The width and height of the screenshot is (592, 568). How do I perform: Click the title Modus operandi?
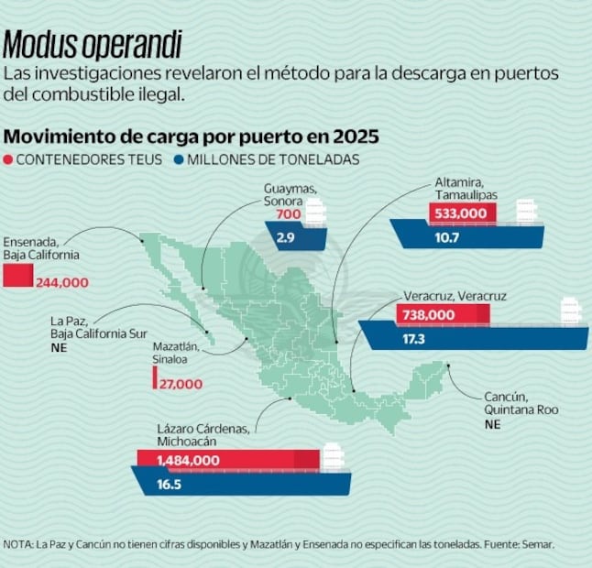[93, 44]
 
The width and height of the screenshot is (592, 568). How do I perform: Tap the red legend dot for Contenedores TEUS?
[8, 159]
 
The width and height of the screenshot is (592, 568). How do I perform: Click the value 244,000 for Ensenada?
[62, 282]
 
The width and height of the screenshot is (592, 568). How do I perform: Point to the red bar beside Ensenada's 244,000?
[17, 275]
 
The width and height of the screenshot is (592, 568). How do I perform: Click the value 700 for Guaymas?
[288, 214]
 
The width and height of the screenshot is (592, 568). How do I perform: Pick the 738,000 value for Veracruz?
[427, 314]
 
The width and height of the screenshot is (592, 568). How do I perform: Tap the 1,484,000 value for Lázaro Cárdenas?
[188, 460]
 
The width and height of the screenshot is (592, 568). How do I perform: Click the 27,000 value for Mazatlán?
[181, 384]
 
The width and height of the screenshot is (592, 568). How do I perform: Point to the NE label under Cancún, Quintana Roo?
[493, 425]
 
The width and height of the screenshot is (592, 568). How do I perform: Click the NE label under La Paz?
[60, 348]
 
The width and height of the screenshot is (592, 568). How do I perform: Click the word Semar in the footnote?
[536, 544]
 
